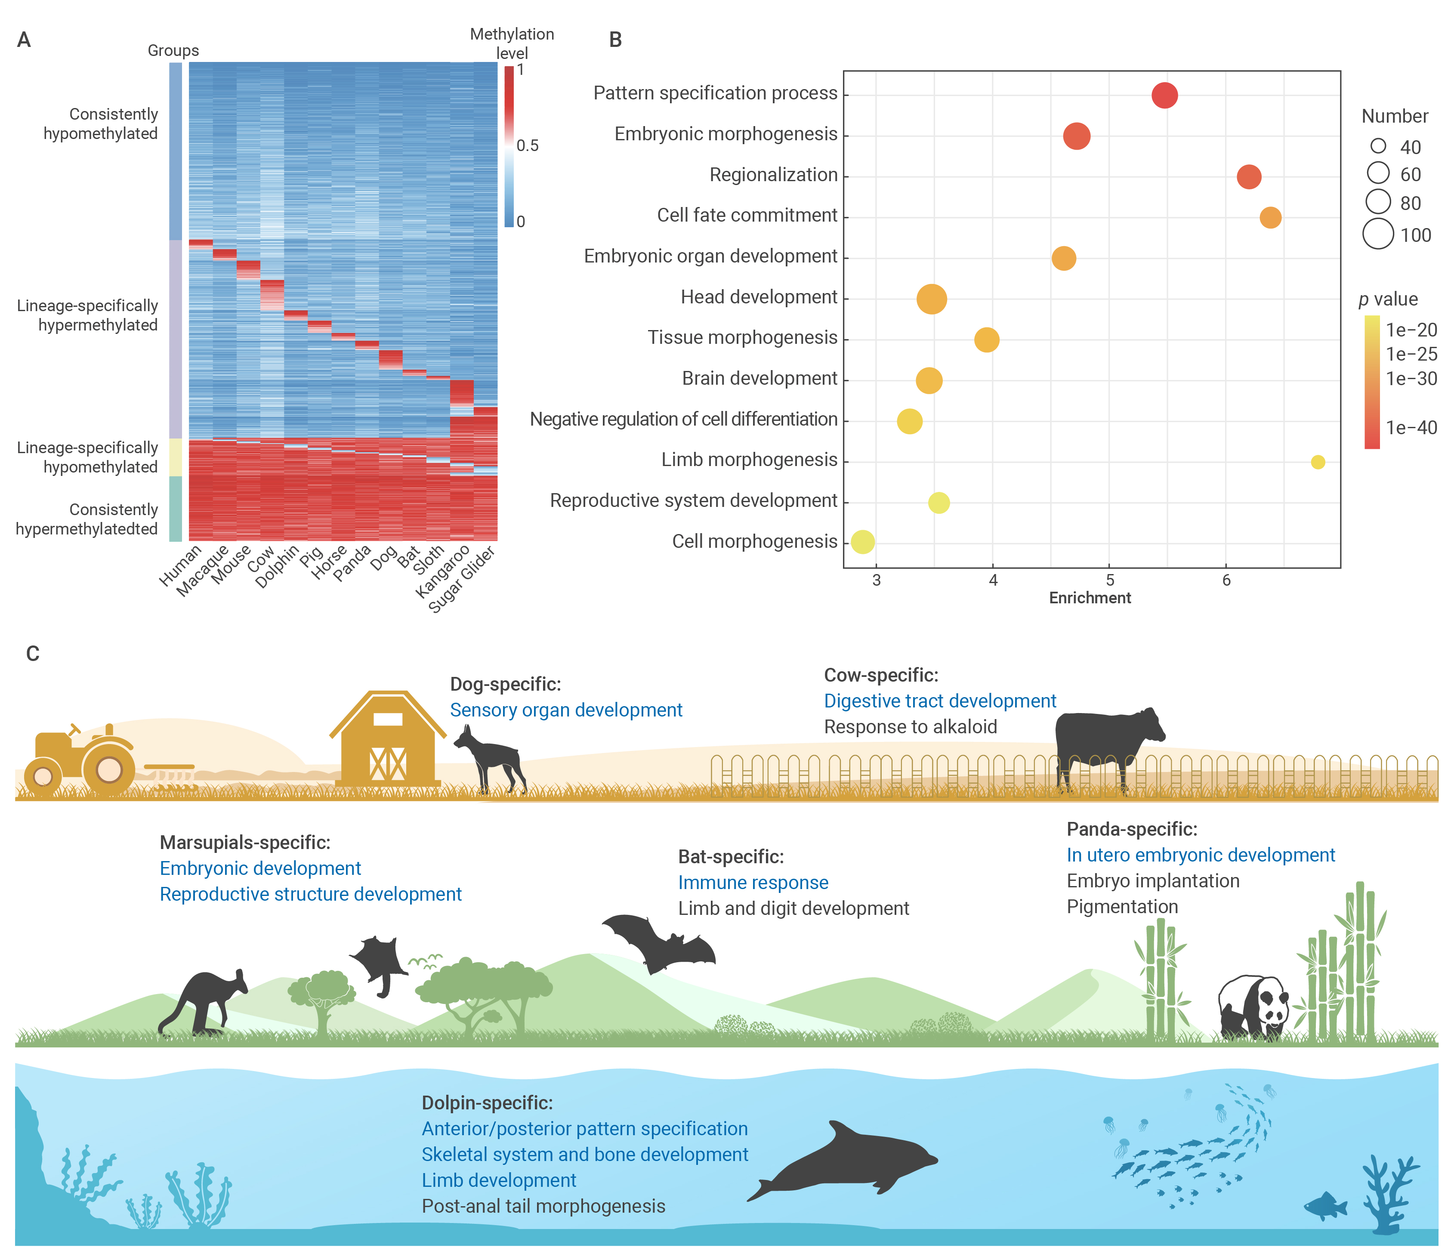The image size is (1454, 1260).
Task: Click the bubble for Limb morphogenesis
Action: tap(1318, 462)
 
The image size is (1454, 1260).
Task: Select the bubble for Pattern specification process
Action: tap(1164, 95)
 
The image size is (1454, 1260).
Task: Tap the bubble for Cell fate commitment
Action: tap(1270, 218)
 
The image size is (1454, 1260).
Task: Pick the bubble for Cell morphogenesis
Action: tap(863, 541)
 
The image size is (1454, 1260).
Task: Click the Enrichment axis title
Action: tap(1090, 598)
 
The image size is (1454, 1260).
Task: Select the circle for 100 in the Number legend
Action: tap(1378, 234)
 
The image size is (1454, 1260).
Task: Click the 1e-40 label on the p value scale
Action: tap(1411, 427)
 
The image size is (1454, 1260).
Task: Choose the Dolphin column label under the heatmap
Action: tap(277, 566)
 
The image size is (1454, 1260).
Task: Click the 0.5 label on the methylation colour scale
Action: tap(527, 145)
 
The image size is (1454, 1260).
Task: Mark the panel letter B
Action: tap(615, 40)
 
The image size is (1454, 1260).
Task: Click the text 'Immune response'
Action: tap(753, 883)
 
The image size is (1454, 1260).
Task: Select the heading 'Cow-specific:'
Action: tap(881, 675)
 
